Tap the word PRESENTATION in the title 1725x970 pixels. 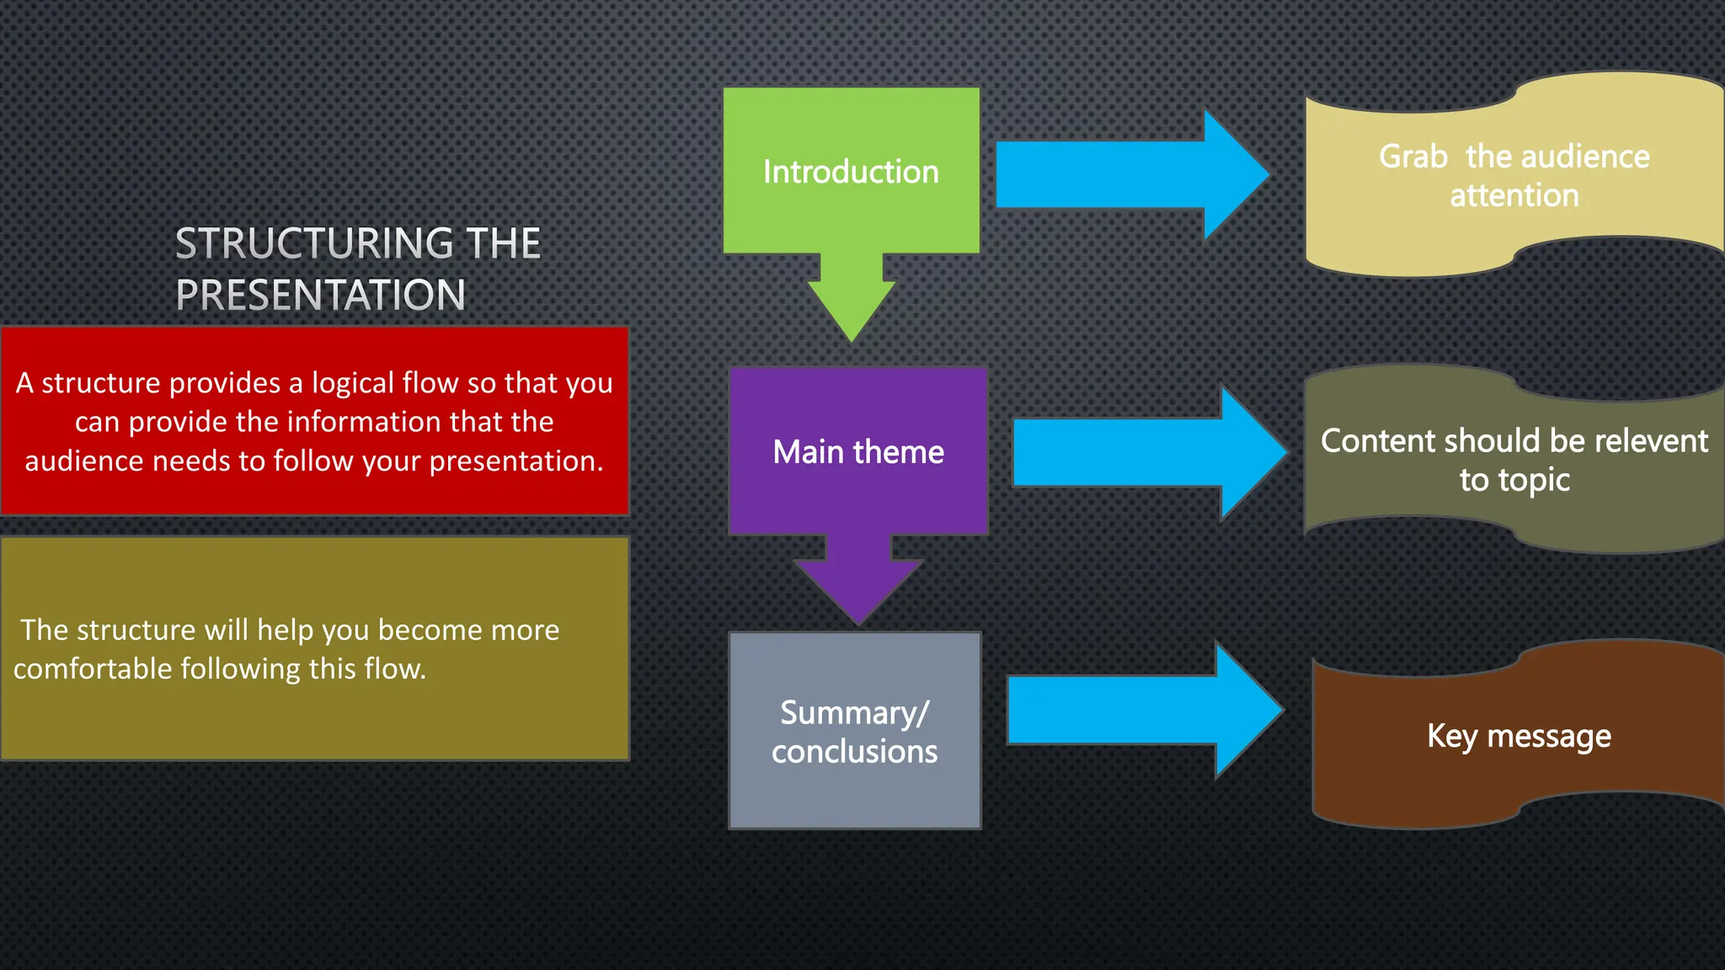[x=320, y=295]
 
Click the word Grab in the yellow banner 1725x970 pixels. [x=1413, y=157]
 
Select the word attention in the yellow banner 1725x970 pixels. [x=1514, y=196]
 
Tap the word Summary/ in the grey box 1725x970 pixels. [x=854, y=713]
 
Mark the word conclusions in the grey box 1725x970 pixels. [x=854, y=752]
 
